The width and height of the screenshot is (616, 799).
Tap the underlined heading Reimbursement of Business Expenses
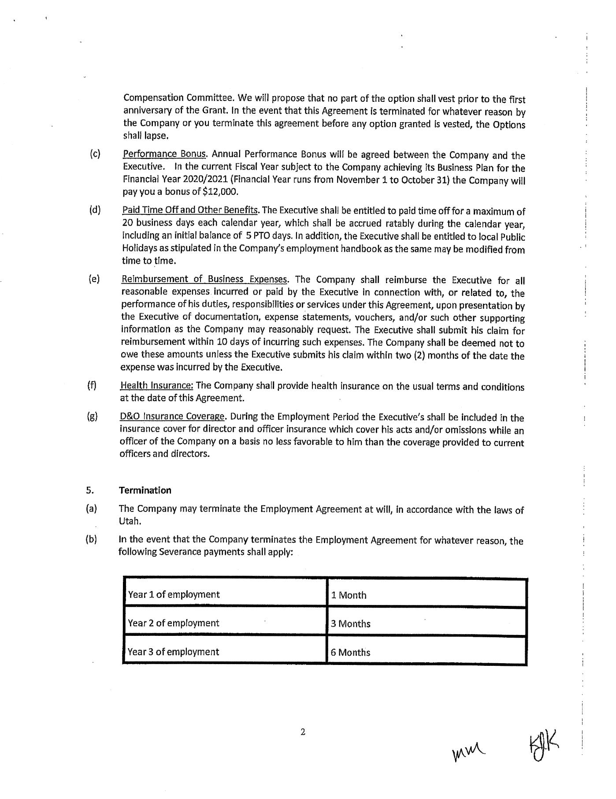(x=205, y=279)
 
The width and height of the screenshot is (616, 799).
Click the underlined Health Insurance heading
(x=156, y=386)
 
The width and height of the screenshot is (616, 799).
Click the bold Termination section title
(x=145, y=490)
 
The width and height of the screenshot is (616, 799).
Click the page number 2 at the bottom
(x=303, y=732)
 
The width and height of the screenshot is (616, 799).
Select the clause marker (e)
(x=94, y=279)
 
